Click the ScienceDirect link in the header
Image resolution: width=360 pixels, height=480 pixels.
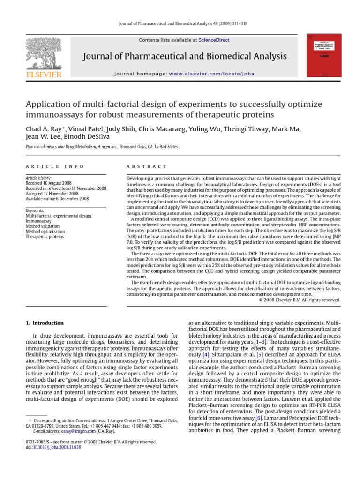214,40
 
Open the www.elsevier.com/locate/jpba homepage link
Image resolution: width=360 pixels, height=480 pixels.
205,74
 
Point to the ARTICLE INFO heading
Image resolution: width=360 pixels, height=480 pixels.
55,166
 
